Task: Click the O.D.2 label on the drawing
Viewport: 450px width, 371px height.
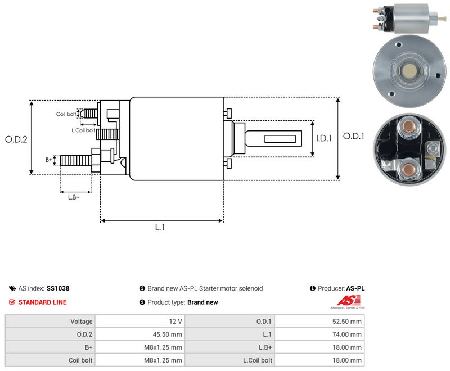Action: coord(16,139)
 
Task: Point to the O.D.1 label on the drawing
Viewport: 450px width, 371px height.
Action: coord(354,136)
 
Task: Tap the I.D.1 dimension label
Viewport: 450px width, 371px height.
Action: coord(324,138)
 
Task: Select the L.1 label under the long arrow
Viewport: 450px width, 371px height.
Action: coord(160,227)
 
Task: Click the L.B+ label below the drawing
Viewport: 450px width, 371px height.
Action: coord(74,197)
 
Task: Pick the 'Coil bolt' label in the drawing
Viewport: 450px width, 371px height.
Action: coord(66,114)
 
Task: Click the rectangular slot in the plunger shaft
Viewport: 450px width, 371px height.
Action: coord(280,139)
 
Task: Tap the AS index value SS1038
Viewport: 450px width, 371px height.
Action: coord(58,288)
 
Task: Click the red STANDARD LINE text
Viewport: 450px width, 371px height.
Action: coord(43,302)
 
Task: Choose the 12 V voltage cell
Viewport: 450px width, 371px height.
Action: coord(139,322)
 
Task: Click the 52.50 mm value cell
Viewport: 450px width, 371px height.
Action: coord(319,322)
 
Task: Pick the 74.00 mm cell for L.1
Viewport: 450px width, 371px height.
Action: coord(319,334)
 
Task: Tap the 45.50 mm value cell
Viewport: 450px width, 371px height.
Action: coord(139,334)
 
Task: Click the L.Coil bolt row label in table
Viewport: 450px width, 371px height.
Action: coord(258,360)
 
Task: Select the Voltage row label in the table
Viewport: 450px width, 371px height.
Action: coord(82,322)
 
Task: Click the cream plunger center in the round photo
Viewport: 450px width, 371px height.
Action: coord(409,70)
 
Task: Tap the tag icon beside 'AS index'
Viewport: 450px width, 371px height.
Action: coord(12,288)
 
